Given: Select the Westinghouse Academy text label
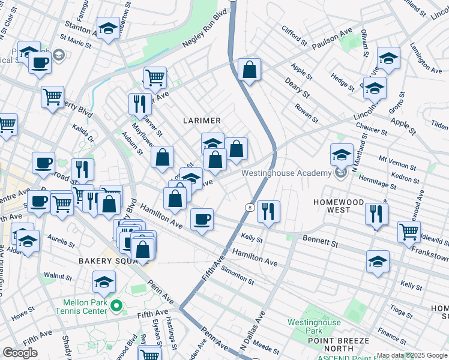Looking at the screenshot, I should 286,173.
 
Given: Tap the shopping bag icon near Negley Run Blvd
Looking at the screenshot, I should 249,70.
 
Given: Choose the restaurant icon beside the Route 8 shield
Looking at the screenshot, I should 268,211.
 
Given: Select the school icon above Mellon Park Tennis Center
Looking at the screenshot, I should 104,282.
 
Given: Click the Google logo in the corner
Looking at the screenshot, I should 20,353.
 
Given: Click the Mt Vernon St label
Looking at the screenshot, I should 397,166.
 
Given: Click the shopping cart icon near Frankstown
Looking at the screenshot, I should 409,231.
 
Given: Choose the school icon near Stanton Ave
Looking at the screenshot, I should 108,29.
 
